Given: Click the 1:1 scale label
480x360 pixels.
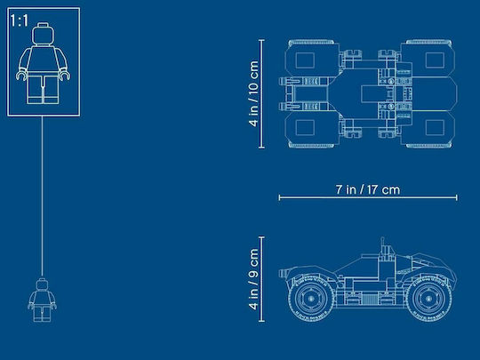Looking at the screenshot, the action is click(19, 20).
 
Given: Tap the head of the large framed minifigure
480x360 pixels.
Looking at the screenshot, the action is click(43, 34).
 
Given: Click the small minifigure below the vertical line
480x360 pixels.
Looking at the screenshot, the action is click(43, 300).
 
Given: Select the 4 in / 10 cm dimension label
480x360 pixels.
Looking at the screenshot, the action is click(253, 93).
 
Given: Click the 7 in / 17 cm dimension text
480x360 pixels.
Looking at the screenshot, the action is click(368, 189).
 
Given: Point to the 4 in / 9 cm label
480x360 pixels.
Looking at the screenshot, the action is click(253, 279).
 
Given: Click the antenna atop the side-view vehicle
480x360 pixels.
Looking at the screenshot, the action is click(382, 246).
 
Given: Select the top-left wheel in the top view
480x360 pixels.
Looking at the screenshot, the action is click(312, 59).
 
